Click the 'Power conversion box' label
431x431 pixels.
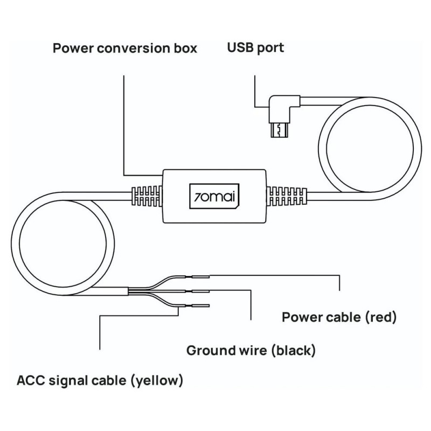click(124, 48)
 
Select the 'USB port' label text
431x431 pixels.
click(255, 48)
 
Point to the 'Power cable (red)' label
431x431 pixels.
click(339, 317)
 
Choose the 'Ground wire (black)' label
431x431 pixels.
click(251, 351)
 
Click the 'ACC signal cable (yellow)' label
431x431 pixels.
click(100, 381)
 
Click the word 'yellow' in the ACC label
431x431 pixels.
click(155, 381)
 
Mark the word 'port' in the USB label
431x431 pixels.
click(269, 48)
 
